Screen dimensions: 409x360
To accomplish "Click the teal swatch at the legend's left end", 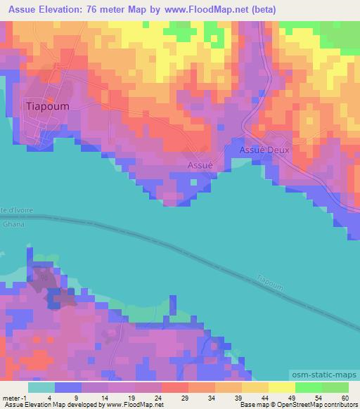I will pos(41,387).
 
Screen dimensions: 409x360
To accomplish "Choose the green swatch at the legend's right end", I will pos(335,387).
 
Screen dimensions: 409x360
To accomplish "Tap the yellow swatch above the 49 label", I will pos(281,387).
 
